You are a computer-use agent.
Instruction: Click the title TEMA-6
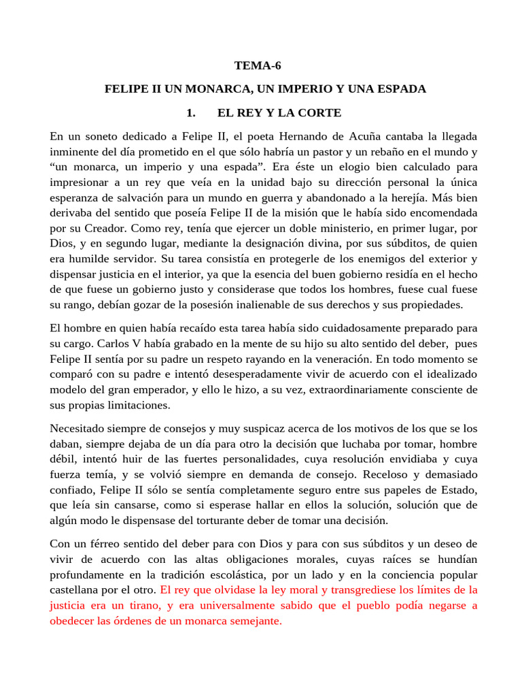click(x=257, y=66)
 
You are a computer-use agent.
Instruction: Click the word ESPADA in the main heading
click(x=400, y=89)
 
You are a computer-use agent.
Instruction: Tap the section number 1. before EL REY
click(x=191, y=112)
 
